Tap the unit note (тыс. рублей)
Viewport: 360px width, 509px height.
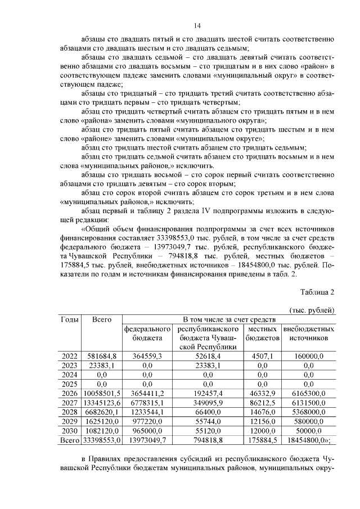click(x=312, y=310)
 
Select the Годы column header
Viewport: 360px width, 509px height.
click(x=69, y=319)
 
